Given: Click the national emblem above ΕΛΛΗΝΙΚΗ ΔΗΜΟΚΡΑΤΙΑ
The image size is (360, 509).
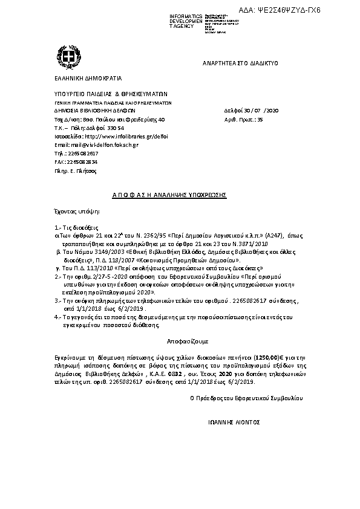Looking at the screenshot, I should coord(65,62).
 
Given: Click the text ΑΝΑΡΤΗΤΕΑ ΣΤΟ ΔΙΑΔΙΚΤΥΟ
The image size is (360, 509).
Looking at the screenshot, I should coord(240,63).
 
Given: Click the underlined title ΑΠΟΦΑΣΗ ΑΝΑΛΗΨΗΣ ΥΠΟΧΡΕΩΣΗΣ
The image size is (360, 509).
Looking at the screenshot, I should coord(169,195).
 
